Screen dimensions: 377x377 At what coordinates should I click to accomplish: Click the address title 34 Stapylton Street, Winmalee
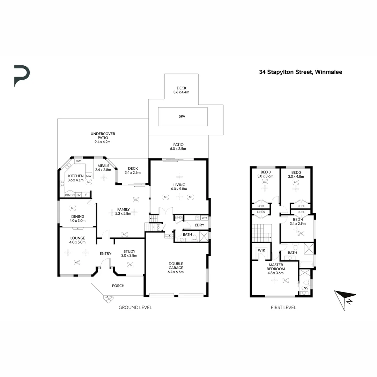point(300,72)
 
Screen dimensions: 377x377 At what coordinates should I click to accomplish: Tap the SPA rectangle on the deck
point(183,116)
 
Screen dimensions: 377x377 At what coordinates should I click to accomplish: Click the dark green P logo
point(22,75)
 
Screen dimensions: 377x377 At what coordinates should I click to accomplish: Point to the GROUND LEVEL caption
point(135,308)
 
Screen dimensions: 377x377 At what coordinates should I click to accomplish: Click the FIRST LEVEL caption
point(283,308)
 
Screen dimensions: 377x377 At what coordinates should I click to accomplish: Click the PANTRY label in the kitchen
point(70,195)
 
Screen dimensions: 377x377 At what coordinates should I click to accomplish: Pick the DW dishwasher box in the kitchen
point(78,161)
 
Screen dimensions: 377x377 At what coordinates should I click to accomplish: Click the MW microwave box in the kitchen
point(89,176)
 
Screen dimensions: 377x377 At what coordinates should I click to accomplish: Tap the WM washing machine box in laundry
point(204,218)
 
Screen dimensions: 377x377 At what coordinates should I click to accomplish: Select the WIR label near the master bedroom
point(261,250)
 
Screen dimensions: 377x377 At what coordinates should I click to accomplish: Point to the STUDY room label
point(129,251)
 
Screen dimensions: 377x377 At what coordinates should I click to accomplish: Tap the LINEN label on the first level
point(261,212)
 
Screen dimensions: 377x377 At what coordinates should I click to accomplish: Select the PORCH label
point(118,286)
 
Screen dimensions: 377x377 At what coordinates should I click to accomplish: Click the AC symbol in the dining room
point(73,208)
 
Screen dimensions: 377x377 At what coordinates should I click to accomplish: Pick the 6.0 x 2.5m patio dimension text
point(178,149)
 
